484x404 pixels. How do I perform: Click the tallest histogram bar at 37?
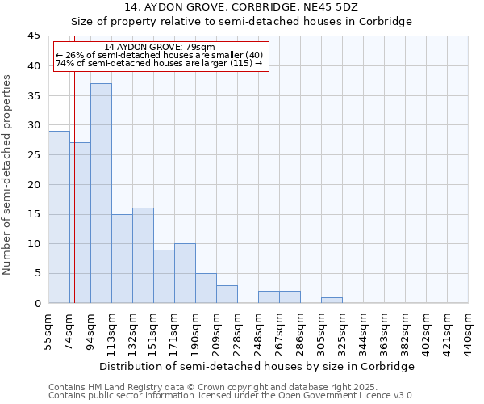101,194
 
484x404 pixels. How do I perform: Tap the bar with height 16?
143,255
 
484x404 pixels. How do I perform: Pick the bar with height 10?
185,273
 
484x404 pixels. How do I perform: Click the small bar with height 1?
332,301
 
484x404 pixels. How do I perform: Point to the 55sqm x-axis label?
48,331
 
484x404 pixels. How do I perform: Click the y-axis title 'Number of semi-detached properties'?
7,174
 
